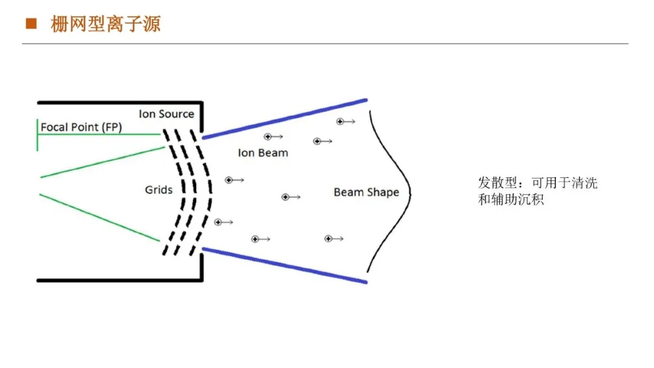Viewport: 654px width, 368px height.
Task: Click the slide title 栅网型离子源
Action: point(105,24)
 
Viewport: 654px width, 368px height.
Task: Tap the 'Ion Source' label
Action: point(166,114)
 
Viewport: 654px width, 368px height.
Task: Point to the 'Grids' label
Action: point(159,190)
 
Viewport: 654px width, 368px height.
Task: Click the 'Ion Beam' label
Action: point(263,153)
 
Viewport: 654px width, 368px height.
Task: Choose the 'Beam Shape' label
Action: point(366,192)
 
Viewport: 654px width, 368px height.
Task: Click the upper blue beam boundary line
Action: point(285,119)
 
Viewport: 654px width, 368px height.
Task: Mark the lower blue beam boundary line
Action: point(285,265)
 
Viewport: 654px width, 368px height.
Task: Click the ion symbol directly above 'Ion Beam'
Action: point(268,137)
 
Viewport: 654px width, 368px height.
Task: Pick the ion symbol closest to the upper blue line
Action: point(340,122)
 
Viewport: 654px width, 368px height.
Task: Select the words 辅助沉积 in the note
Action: point(517,200)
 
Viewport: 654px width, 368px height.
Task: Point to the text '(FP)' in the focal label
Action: point(111,127)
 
